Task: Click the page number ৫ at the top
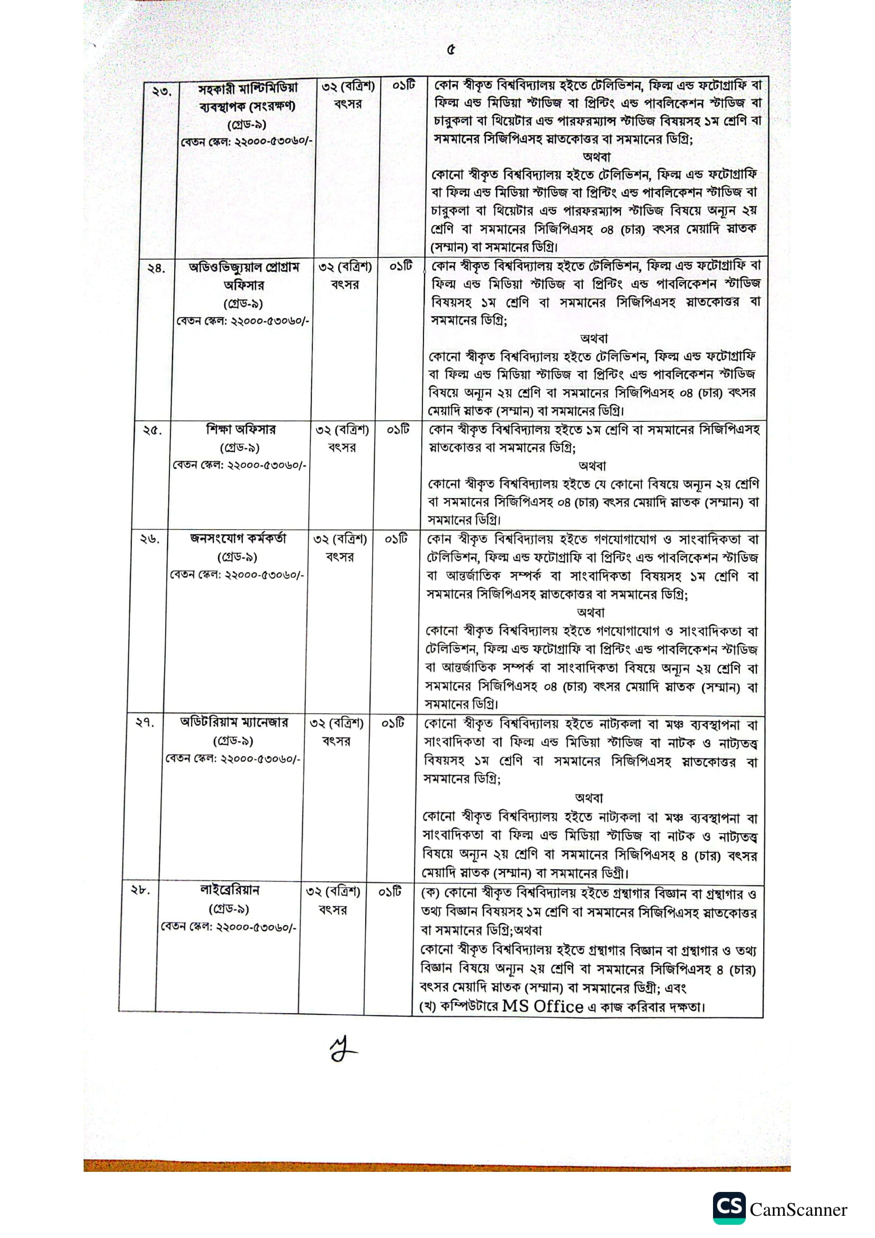click(x=450, y=50)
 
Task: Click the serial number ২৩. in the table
click(x=161, y=91)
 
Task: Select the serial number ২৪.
click(x=156, y=268)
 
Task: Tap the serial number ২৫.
click(x=152, y=430)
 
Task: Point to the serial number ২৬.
click(x=150, y=539)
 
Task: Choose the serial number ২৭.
click(x=145, y=722)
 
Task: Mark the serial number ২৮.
click(x=140, y=890)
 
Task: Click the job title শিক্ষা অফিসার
click(x=240, y=430)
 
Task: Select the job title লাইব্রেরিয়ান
click(x=230, y=890)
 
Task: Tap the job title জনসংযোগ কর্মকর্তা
click(x=238, y=538)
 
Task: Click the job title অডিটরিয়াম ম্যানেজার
click(x=234, y=722)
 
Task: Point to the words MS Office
click(x=543, y=1007)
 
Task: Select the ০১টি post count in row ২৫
click(x=398, y=430)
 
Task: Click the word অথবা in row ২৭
click(x=589, y=798)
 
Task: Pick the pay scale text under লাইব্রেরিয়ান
click(x=229, y=927)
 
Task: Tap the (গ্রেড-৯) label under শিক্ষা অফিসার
click(x=240, y=448)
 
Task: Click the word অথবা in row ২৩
click(x=596, y=157)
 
